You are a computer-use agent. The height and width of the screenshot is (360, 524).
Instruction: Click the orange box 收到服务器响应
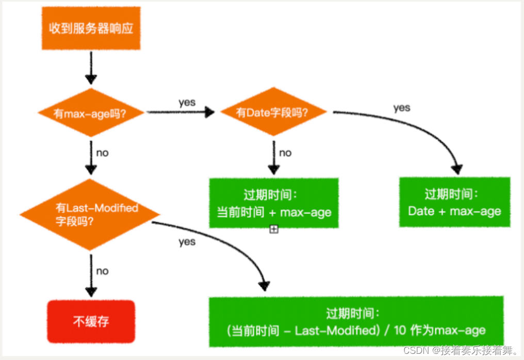click(91, 28)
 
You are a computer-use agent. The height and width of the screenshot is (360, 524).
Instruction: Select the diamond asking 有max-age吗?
click(91, 112)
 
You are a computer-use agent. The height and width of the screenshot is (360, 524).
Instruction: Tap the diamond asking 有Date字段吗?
click(273, 111)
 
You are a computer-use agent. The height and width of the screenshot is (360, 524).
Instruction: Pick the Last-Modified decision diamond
click(90, 214)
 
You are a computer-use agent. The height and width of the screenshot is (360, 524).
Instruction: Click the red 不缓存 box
click(91, 321)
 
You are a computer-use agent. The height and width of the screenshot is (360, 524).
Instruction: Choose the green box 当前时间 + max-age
click(274, 203)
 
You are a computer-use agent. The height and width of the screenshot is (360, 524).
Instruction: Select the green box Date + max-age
click(454, 202)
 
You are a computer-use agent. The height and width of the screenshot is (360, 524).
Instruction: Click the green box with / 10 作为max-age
click(356, 321)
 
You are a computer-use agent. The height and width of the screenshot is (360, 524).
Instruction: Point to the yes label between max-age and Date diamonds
click(187, 103)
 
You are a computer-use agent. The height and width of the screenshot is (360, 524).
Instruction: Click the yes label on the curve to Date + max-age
click(402, 108)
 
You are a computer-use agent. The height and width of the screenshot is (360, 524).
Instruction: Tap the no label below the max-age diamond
click(102, 153)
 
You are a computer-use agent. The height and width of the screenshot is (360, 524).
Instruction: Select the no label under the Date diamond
click(285, 153)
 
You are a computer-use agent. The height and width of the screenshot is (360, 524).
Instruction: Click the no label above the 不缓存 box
click(102, 271)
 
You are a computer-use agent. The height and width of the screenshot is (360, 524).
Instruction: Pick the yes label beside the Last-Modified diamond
click(187, 242)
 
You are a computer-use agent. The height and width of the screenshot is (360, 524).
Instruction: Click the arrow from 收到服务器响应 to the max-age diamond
click(91, 68)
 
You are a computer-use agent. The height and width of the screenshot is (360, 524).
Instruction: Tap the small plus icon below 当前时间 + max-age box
click(274, 229)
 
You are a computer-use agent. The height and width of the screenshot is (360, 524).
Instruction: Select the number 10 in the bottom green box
click(400, 330)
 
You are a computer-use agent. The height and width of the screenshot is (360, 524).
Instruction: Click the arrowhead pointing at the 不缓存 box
click(91, 292)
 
